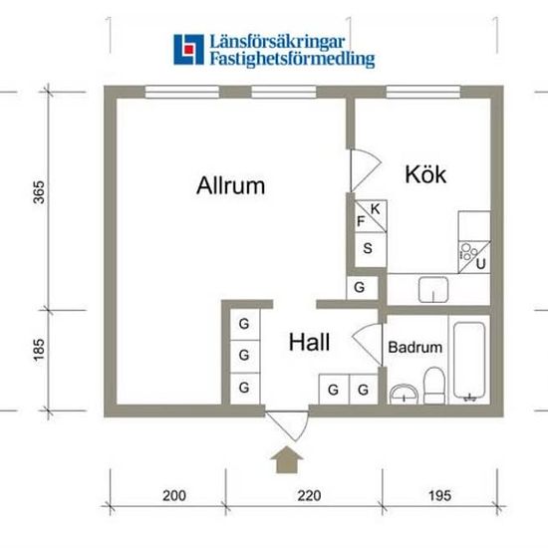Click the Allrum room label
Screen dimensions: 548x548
coord(231,185)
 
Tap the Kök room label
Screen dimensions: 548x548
coord(425,173)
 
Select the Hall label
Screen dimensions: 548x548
coord(309,342)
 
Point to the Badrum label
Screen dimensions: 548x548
coord(415,347)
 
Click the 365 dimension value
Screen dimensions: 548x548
coord(39,192)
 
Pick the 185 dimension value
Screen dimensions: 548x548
coord(39,350)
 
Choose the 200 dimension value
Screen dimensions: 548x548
coord(174,495)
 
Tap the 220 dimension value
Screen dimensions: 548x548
coord(309,495)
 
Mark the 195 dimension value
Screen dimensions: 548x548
coord(439,495)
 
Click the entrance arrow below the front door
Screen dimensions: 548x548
coord(287,459)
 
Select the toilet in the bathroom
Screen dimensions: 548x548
coord(434,386)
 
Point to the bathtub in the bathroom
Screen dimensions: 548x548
coord(469,361)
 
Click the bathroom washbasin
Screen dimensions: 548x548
coord(404,394)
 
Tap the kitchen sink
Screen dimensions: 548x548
coord(433,290)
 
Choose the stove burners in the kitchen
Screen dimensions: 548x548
coord(468,252)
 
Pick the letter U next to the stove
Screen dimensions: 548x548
coord(481,264)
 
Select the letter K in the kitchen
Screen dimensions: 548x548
coord(375,209)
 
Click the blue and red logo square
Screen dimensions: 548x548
coord(188,49)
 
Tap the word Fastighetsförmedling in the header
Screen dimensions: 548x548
coord(292,59)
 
